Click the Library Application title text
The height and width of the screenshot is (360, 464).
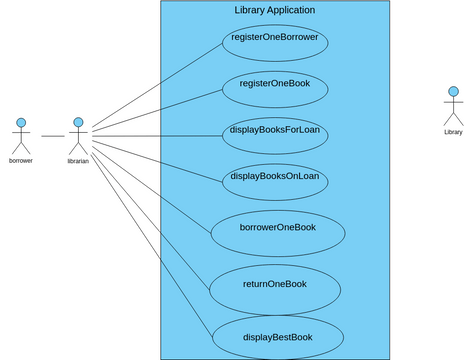275,10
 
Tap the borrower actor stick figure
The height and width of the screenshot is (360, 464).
20,135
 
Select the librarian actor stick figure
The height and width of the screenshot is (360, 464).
78,135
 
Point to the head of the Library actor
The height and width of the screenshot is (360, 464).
453,93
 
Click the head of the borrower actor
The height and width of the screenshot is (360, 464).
20,122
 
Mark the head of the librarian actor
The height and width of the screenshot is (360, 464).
78,122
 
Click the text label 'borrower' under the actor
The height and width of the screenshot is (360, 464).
20,160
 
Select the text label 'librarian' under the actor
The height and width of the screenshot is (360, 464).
78,160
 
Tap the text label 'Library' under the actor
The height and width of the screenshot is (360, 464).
453,132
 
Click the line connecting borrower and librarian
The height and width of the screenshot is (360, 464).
52,135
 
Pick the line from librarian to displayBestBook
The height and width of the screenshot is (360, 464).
150,240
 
